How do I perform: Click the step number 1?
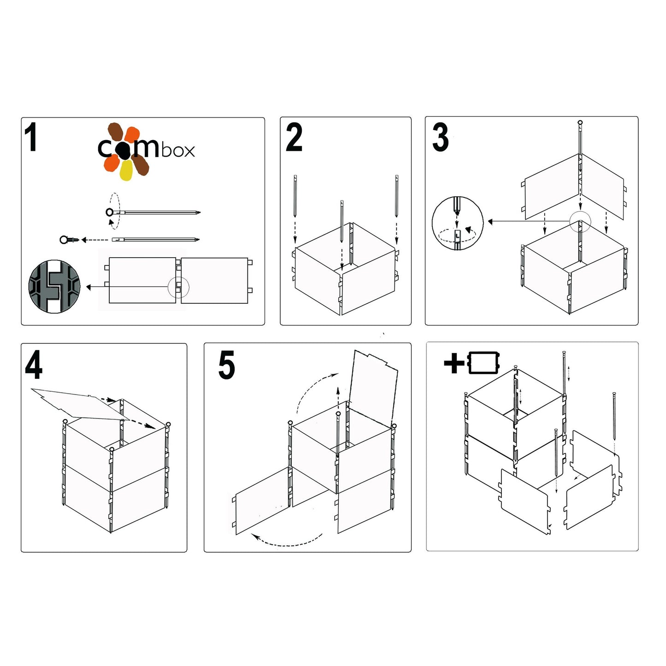click(x=31, y=137)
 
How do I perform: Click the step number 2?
click(x=294, y=137)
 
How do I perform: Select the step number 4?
click(x=34, y=365)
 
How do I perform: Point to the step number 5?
click(x=226, y=365)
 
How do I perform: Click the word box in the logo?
click(x=177, y=150)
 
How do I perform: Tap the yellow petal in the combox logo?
click(x=126, y=171)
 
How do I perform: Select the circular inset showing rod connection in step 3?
click(x=457, y=223)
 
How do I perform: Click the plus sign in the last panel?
click(x=454, y=363)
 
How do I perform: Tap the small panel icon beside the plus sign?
click(x=483, y=363)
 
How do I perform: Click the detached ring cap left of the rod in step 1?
click(x=65, y=240)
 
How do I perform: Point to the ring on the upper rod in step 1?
click(x=110, y=212)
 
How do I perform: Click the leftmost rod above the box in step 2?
click(x=295, y=196)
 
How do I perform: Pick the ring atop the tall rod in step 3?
click(x=580, y=123)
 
